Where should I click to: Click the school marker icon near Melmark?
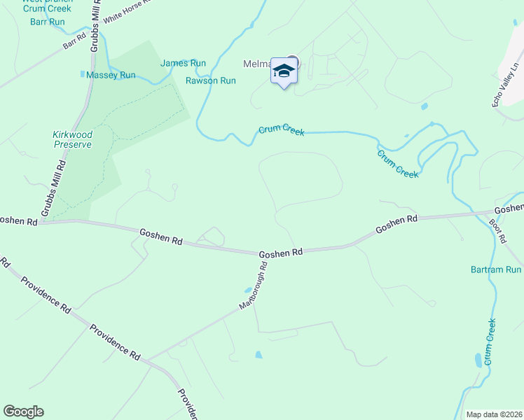284,71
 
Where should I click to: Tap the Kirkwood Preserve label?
72,139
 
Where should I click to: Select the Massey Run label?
111,75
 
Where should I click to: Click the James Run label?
183,63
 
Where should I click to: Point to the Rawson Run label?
210,80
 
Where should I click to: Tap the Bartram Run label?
496,269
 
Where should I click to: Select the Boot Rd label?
498,230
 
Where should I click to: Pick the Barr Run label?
48,22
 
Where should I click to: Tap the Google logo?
23,412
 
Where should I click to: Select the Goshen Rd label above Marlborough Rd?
280,253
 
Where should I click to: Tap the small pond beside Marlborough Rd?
249,290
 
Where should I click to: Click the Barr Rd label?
73,43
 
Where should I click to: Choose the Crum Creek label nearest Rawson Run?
281,130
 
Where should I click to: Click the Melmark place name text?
256,64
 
